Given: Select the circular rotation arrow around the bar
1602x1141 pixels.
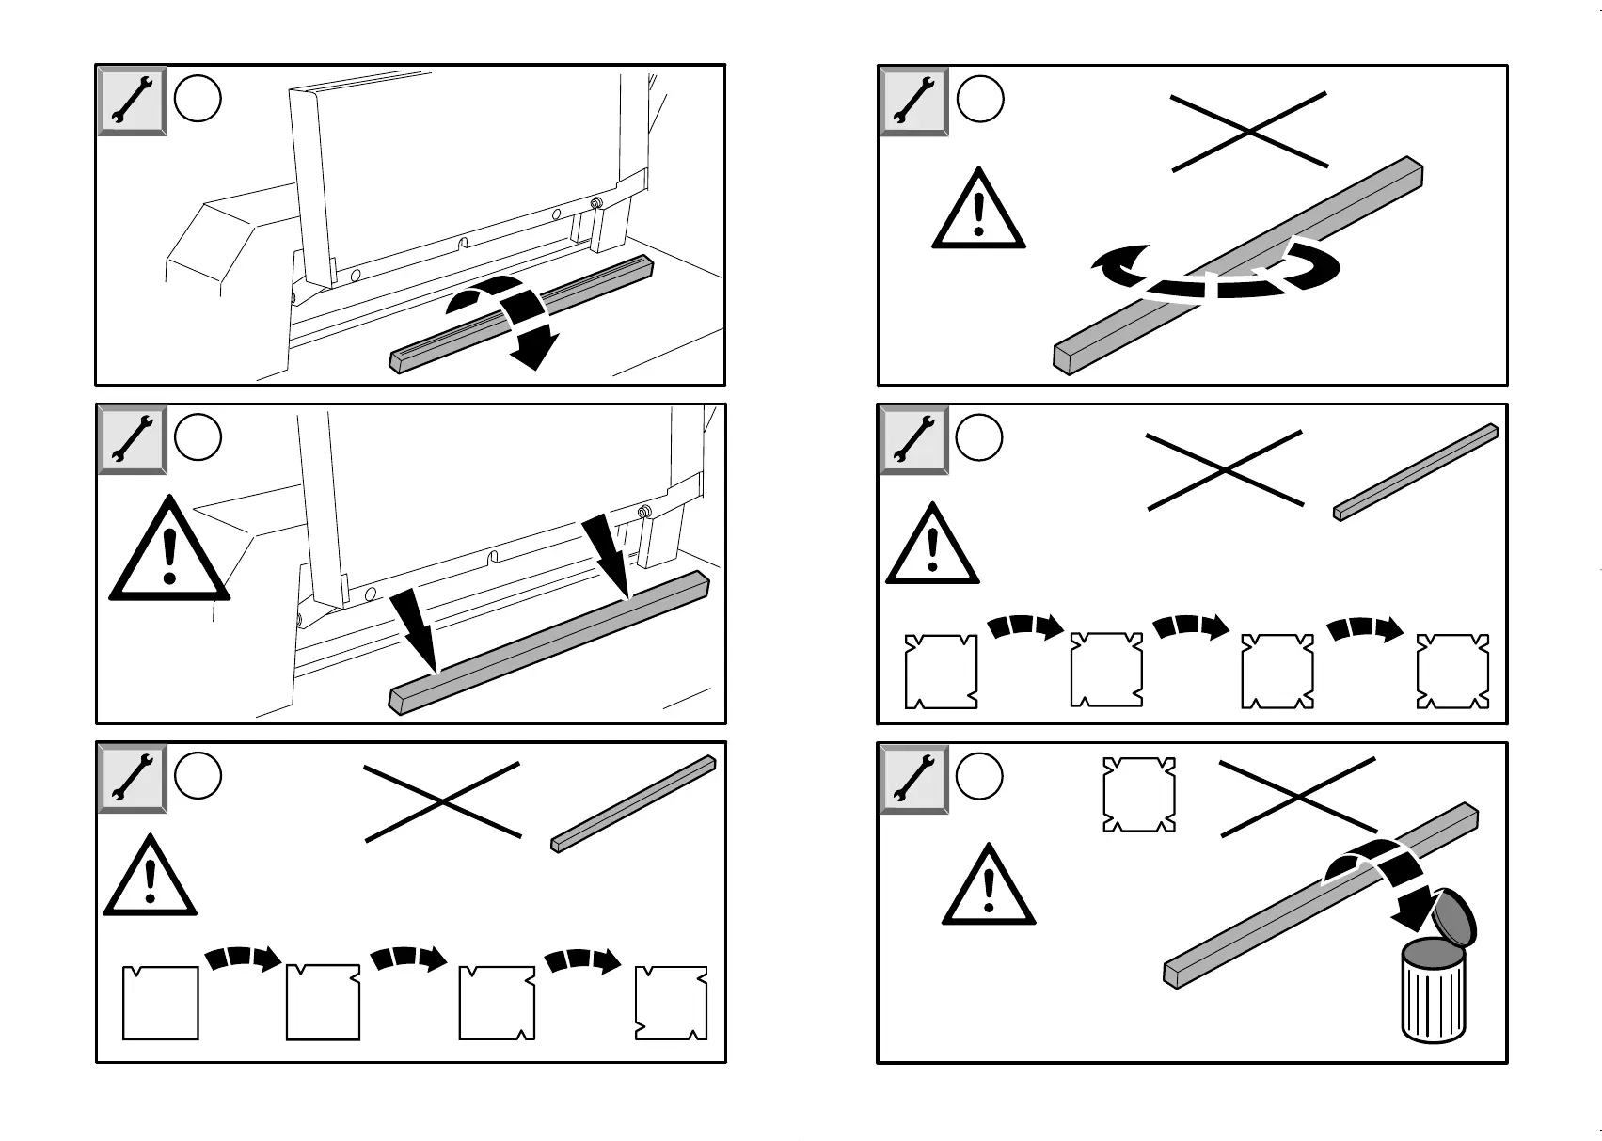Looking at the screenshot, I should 1213,278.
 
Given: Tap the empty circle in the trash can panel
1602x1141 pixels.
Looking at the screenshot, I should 979,777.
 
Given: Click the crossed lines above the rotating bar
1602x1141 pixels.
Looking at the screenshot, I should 1249,132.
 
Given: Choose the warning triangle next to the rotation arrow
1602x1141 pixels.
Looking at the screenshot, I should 978,213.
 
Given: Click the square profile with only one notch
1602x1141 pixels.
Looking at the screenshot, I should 161,1003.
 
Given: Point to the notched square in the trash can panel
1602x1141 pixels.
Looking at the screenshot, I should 1138,795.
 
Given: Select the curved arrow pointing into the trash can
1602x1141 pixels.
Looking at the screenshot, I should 1383,880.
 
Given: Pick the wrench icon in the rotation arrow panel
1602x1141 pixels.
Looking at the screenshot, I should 912,101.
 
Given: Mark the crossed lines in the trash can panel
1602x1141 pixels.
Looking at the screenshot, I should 1297,798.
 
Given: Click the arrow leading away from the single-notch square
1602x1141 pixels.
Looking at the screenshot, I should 243,958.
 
